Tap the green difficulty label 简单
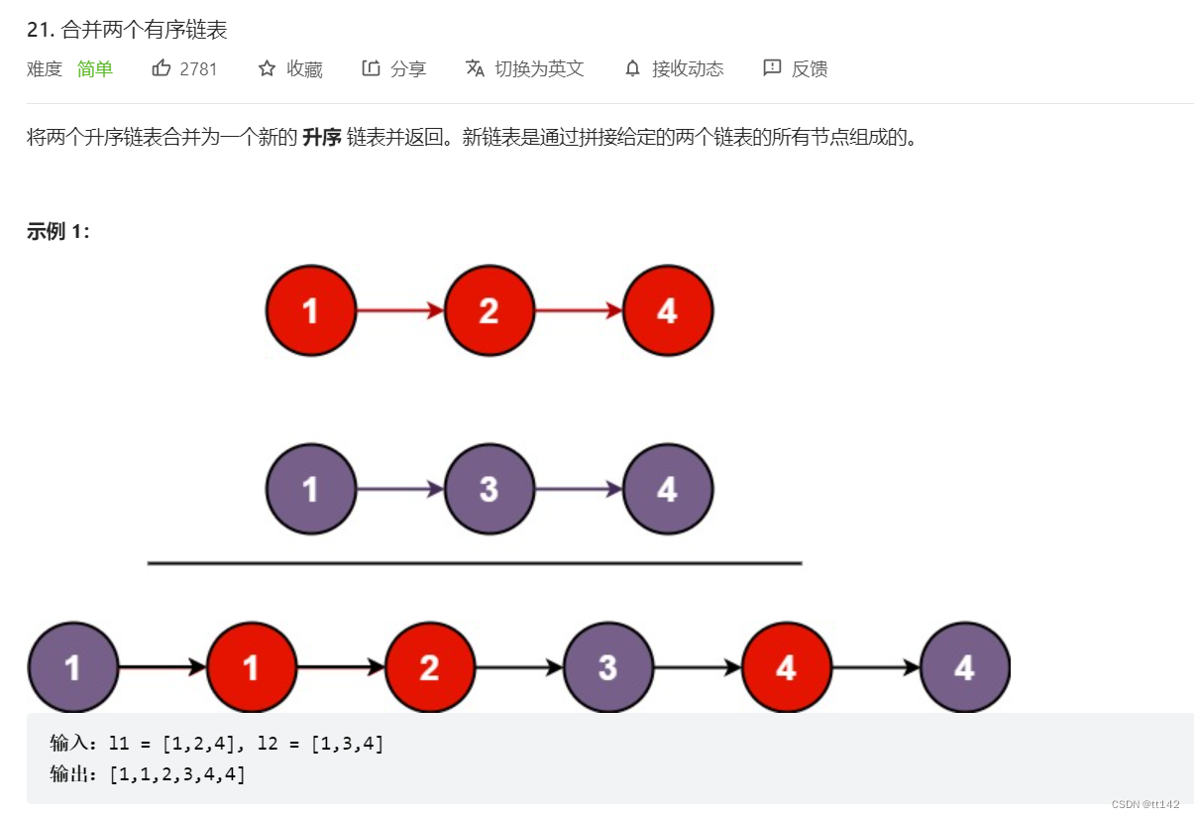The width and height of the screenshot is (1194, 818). [x=95, y=68]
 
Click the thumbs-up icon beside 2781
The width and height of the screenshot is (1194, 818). [x=162, y=68]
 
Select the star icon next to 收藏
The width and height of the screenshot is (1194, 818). [x=267, y=68]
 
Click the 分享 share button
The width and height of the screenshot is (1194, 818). [x=394, y=68]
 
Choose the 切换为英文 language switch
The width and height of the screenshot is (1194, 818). [x=525, y=68]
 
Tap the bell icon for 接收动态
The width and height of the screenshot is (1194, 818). [x=632, y=68]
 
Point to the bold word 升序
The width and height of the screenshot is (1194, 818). [x=322, y=137]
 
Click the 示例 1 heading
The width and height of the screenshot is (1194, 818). [x=58, y=232]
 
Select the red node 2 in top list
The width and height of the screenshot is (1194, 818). [x=489, y=311]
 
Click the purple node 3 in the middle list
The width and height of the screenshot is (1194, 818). [x=489, y=489]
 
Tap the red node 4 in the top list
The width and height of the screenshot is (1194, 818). [x=668, y=311]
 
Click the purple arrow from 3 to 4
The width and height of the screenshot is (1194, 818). [x=579, y=489]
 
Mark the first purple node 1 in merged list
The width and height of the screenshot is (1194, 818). [x=73, y=667]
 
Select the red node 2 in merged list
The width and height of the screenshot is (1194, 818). [x=430, y=667]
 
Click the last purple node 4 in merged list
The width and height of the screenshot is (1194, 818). [x=965, y=667]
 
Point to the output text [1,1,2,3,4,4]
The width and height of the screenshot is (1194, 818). [x=178, y=773]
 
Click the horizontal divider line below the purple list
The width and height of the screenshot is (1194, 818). [x=474, y=563]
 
